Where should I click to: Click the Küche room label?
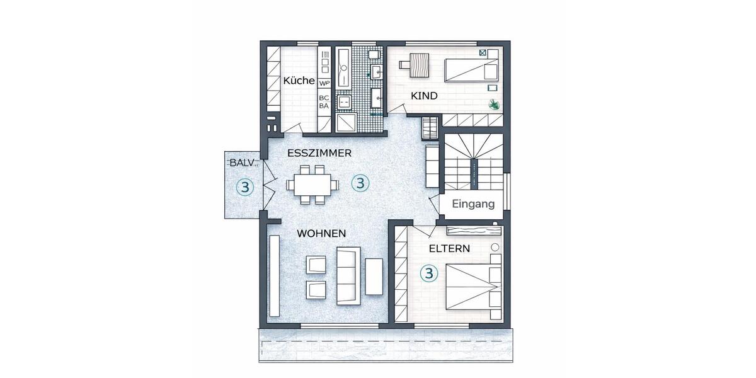pos(299,81)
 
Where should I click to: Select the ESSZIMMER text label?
pos(319,153)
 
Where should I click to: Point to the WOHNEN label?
pos(321,233)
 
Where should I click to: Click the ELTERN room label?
pos(449,248)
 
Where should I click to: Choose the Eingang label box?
pos(472,205)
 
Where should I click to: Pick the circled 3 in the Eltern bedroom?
pos(429,273)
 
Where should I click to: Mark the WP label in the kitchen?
pos(324,83)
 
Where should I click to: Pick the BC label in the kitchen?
pos(324,98)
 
